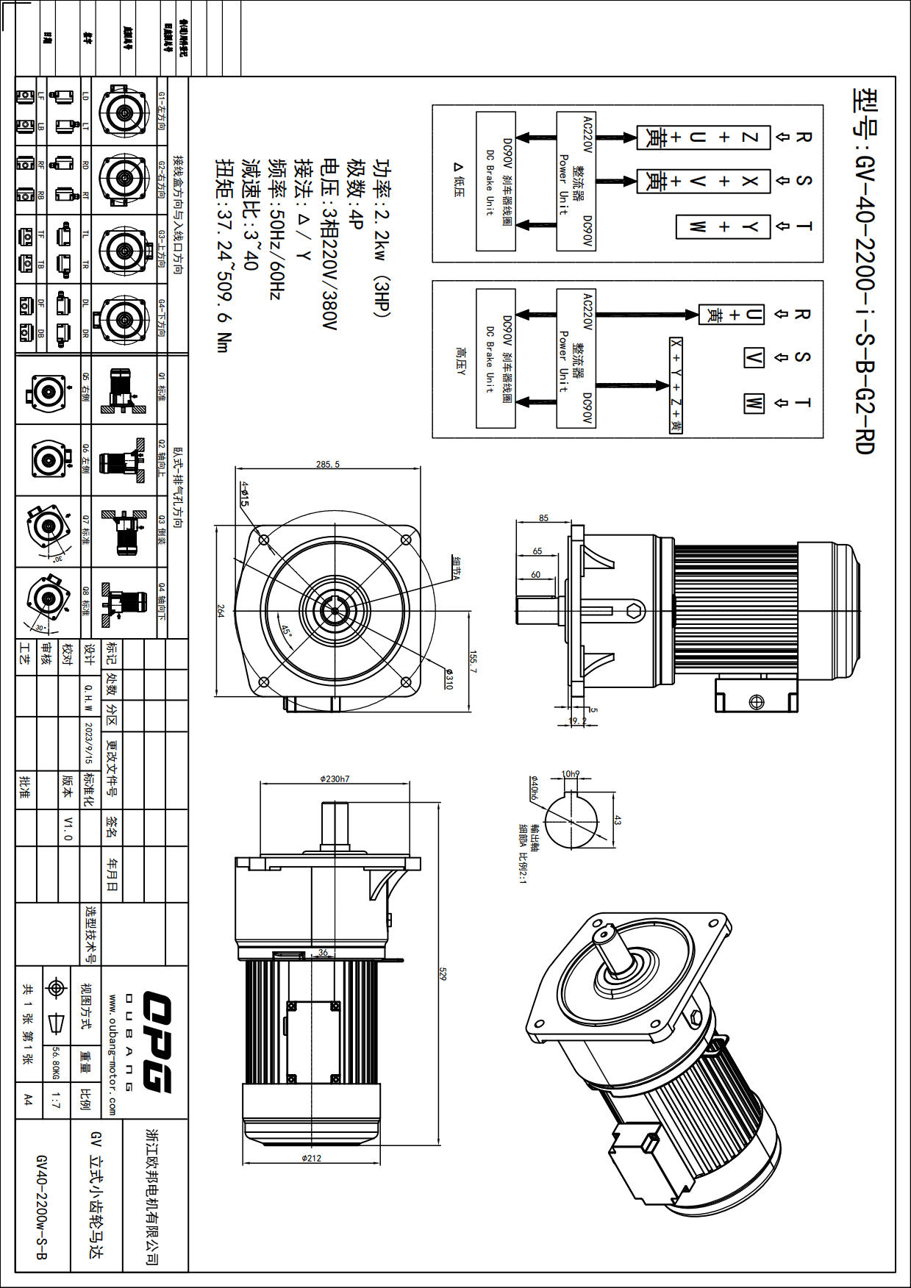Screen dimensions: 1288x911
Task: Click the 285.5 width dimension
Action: [328, 465]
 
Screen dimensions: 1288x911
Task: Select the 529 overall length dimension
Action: [443, 974]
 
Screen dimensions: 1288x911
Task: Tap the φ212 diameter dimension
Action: [312, 1158]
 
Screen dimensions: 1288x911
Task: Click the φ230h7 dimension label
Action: [335, 779]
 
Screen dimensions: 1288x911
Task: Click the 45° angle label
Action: [286, 631]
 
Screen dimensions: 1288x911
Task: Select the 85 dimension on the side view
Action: [543, 518]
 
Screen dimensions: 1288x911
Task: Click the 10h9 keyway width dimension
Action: [570, 773]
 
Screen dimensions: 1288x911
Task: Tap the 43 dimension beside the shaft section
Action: [617, 820]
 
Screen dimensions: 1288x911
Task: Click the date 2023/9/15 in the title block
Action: [89, 743]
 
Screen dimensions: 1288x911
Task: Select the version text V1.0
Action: [68, 828]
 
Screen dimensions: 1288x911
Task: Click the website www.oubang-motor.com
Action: [112, 1054]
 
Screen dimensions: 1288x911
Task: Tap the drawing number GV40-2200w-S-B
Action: [41, 1206]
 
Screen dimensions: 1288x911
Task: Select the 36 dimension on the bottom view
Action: [323, 952]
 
